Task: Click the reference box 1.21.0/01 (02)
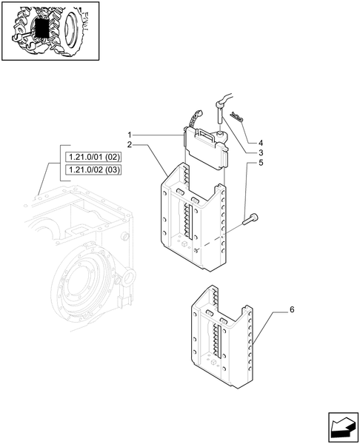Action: [x=93, y=157]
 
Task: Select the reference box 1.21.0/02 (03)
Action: [x=93, y=170]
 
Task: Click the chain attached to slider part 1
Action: [x=196, y=118]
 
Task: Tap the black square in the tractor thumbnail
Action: [x=42, y=29]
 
